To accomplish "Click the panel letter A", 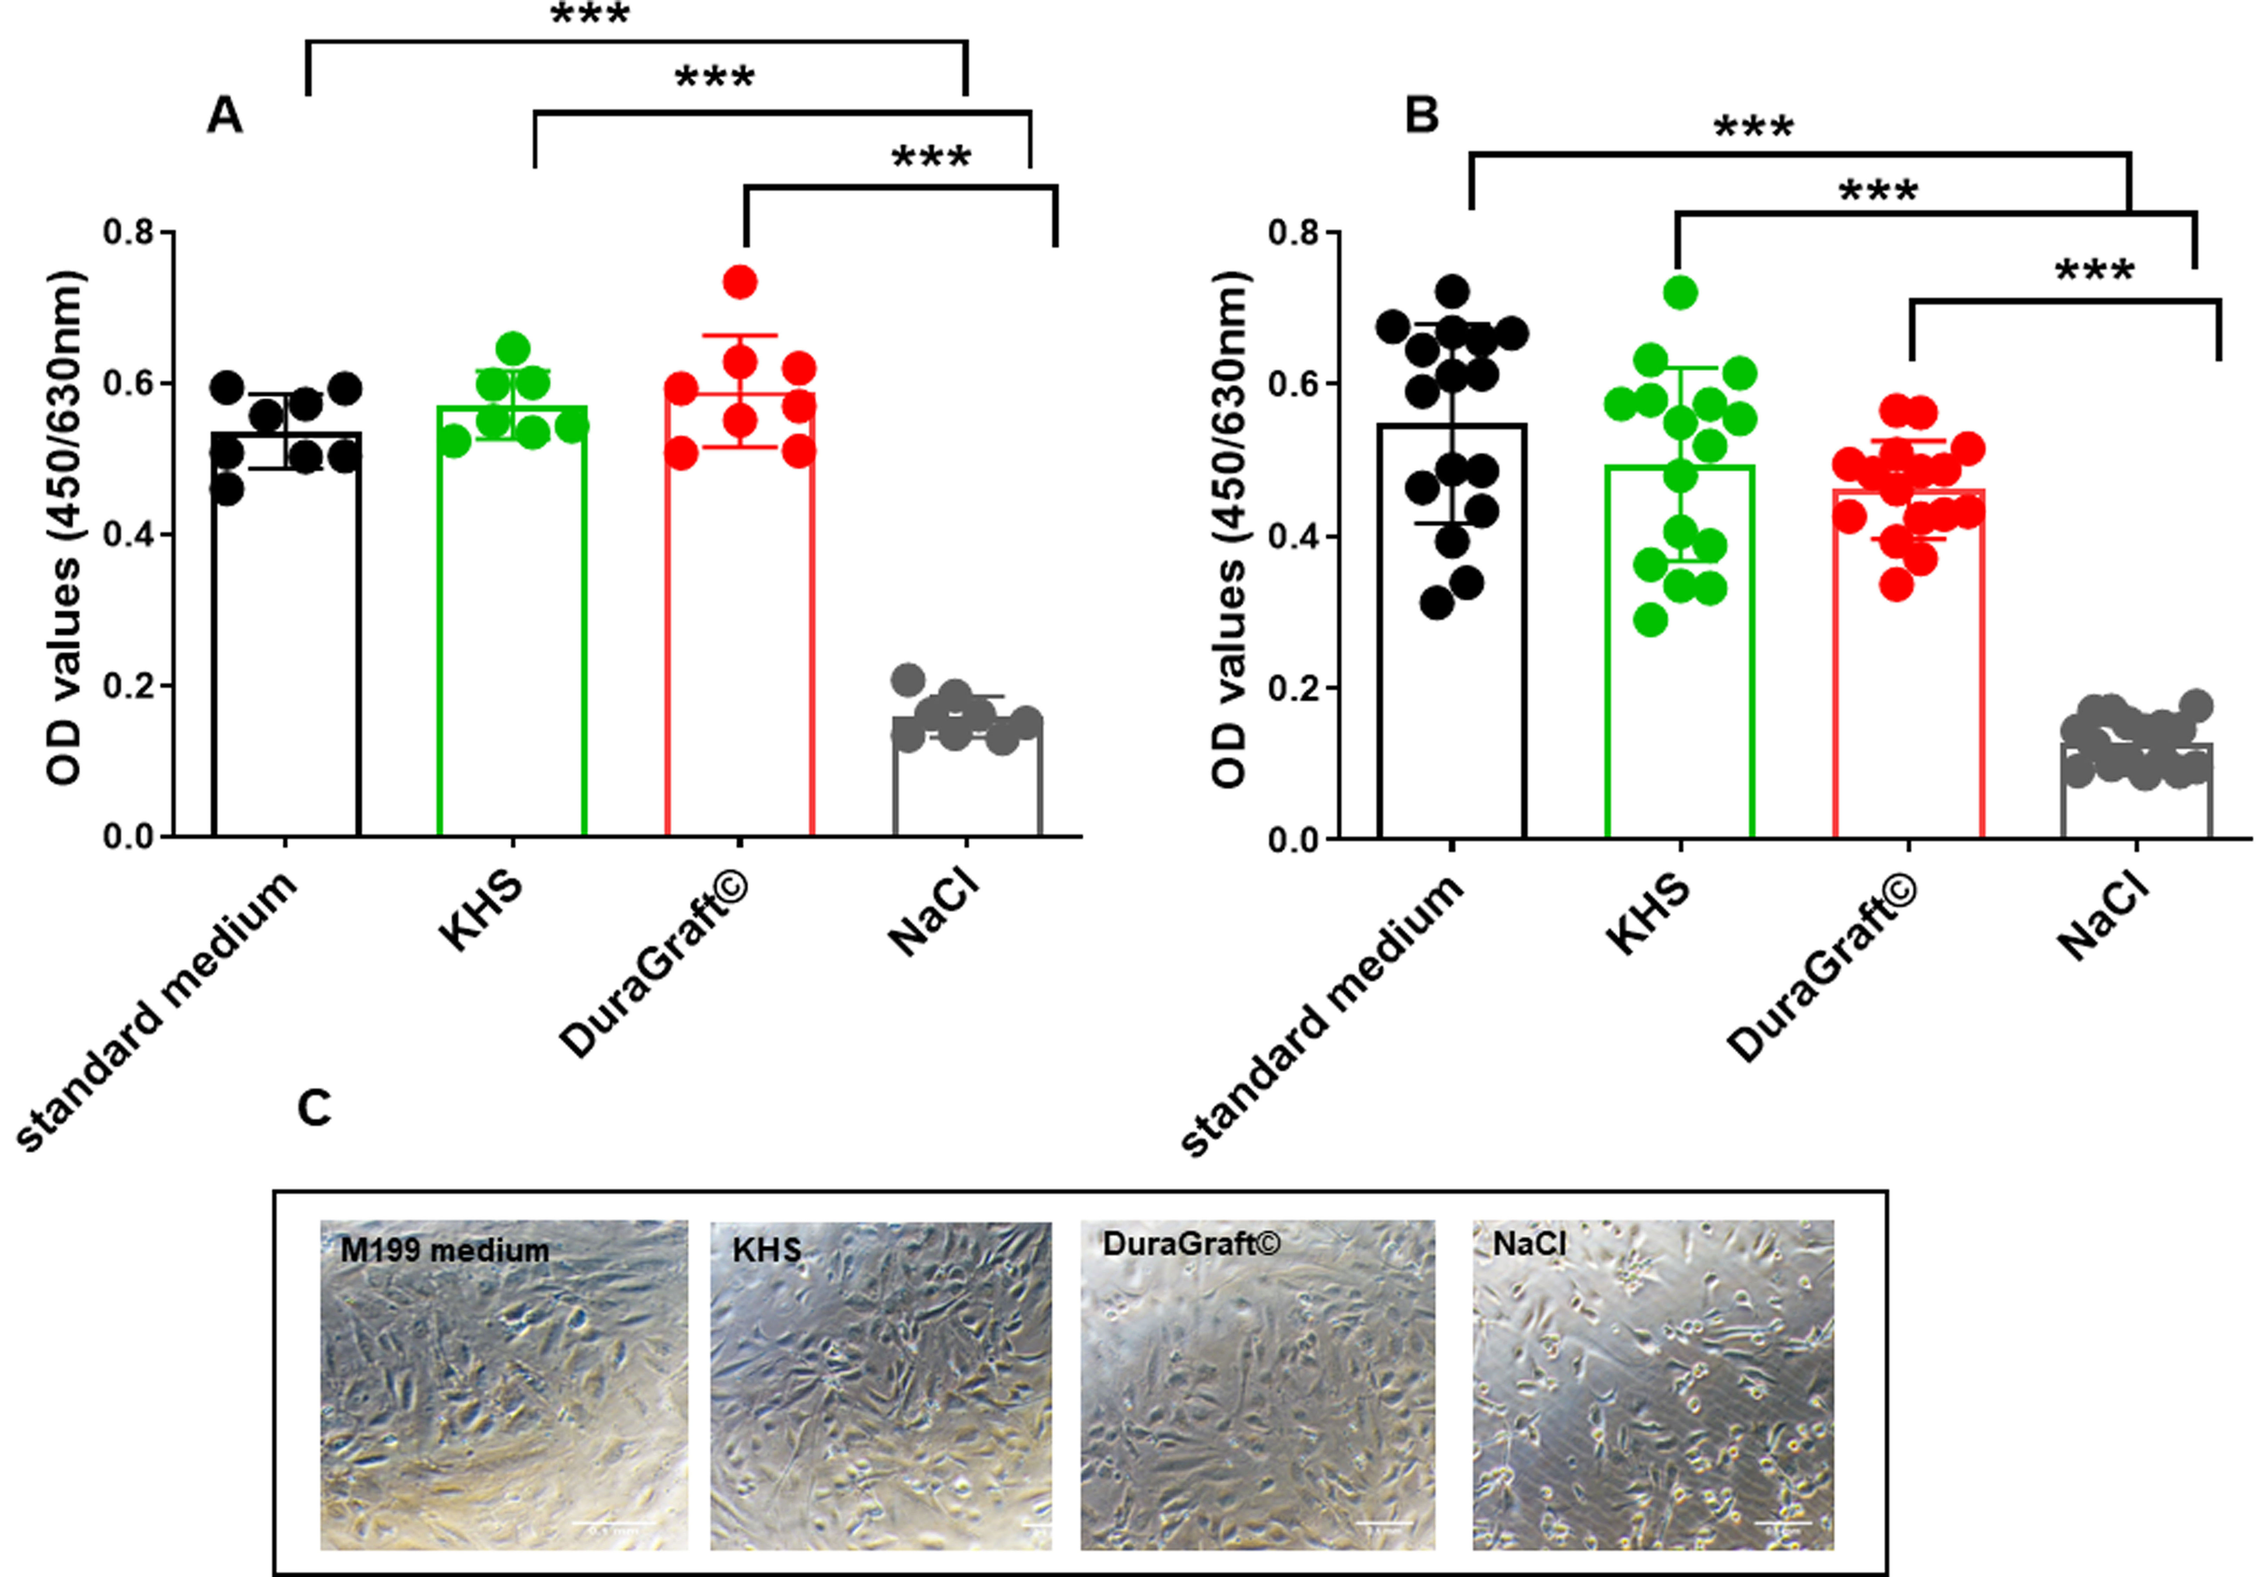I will [x=225, y=116].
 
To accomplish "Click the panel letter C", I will [x=314, y=1109].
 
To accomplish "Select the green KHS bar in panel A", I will [x=512, y=630].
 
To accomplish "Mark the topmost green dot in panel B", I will [x=1681, y=293].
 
